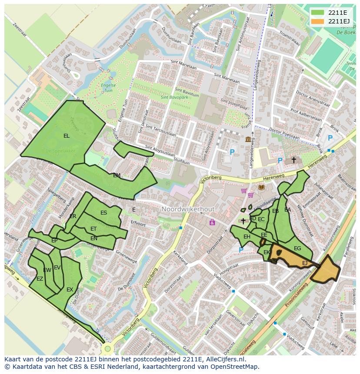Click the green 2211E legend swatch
(x=317, y=12)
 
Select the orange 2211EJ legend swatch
(x=317, y=21)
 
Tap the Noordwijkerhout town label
(x=188, y=209)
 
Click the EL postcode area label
(x=66, y=136)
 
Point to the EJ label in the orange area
(x=305, y=263)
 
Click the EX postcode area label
(x=70, y=290)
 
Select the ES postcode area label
(x=103, y=213)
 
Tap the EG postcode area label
(x=297, y=248)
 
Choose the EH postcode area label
(x=247, y=237)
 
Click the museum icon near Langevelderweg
(x=248, y=139)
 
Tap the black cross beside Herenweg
(x=293, y=160)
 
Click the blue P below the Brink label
(x=330, y=138)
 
